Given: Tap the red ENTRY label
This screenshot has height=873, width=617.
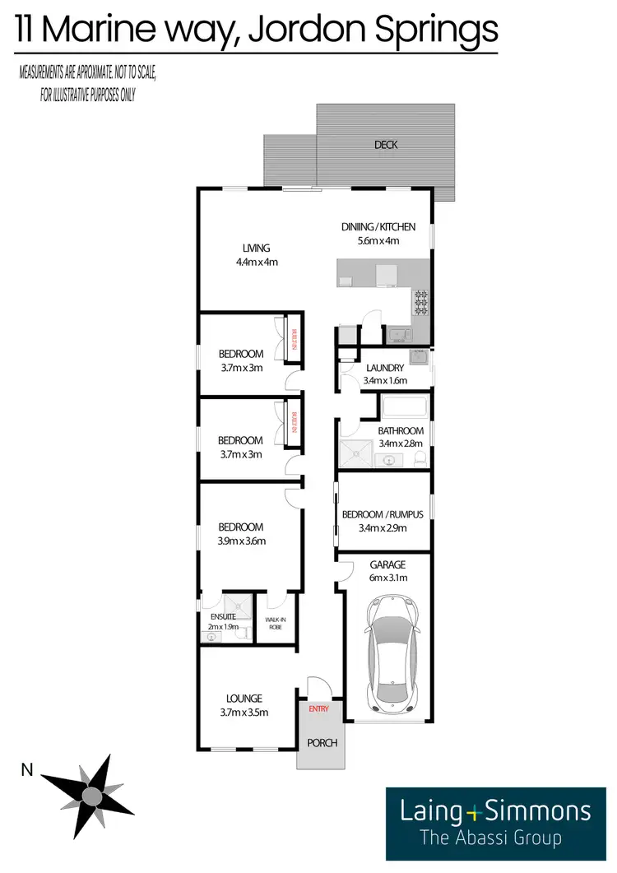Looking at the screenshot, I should point(318,708).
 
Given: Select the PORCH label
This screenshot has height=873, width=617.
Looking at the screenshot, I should point(322,743).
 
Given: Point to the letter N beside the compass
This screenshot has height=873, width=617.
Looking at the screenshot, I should point(27,770).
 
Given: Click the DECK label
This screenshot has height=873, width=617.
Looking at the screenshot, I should point(386,145).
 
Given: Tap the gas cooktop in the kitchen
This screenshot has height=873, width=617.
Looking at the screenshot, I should point(421,302).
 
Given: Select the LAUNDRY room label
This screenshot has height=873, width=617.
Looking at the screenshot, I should point(384,368).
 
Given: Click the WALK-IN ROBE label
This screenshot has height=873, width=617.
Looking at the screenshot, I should point(275,622).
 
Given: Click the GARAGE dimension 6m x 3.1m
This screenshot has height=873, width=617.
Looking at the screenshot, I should point(387,579).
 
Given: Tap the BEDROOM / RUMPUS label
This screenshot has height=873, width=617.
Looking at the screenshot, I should point(383,514).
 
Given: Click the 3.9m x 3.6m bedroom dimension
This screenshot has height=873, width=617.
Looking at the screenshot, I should point(242,541).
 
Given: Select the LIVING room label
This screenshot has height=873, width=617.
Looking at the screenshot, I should point(256,248).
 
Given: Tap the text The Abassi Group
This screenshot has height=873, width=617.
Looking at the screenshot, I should point(490,839).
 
